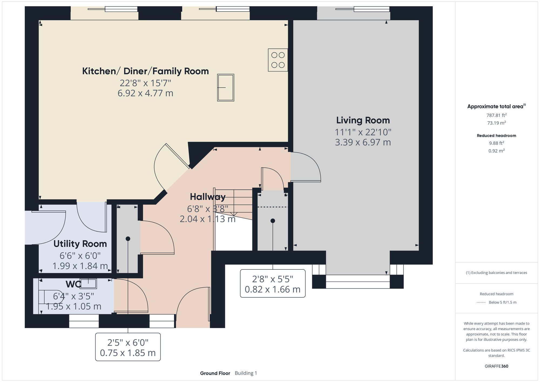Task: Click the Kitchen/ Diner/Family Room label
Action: (145, 71)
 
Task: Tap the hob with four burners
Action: (278, 60)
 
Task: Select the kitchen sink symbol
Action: (226, 88)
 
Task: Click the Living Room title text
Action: (363, 120)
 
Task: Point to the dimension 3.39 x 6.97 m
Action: (363, 142)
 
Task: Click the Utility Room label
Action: (80, 244)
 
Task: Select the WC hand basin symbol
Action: (88, 284)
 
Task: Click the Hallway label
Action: (208, 197)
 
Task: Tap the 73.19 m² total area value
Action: (496, 123)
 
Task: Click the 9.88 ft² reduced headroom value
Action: (496, 143)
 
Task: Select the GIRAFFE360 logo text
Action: (496, 366)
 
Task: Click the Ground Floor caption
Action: (215, 373)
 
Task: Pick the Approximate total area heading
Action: (496, 106)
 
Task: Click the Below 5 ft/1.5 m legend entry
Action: (502, 302)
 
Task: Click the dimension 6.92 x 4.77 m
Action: (145, 93)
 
